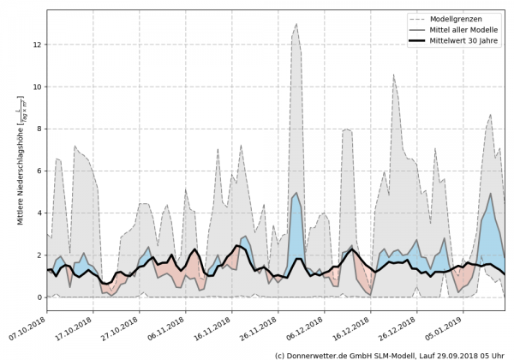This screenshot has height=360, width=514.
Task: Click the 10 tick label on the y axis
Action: [38, 87]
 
